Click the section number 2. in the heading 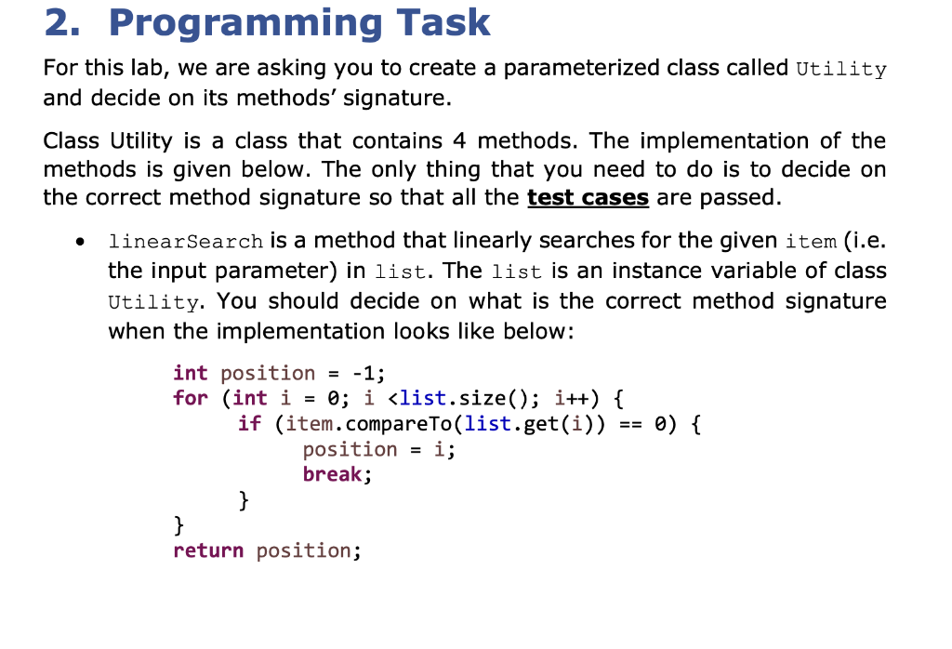(62, 23)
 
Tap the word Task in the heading (443, 23)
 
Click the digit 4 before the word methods (459, 140)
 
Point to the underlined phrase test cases (588, 197)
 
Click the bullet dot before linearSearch (80, 242)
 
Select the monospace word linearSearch (186, 242)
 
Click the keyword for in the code (190, 398)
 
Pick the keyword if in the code (249, 423)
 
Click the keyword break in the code (332, 474)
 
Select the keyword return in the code (208, 550)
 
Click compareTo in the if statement (398, 424)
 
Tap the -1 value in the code (364, 373)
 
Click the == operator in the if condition (631, 424)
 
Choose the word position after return (303, 551)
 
